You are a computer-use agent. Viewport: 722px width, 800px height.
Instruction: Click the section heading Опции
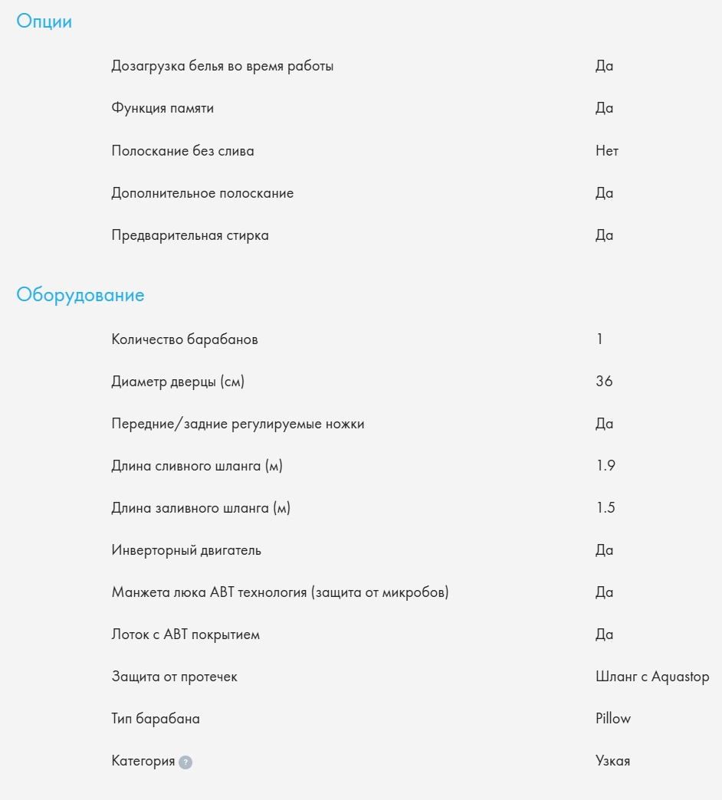(44, 21)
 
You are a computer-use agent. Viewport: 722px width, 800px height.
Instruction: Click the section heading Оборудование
(80, 295)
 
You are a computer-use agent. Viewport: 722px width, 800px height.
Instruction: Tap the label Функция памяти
(162, 108)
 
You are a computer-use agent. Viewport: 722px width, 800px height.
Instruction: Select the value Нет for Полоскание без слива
(607, 151)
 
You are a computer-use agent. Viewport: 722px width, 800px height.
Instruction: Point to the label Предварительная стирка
(190, 235)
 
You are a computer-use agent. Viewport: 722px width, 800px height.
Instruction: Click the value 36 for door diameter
(604, 381)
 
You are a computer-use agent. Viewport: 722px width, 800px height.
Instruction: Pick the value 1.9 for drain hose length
(605, 466)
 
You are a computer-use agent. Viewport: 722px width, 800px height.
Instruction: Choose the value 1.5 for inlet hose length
(605, 508)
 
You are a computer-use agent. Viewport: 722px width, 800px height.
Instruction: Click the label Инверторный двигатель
(186, 550)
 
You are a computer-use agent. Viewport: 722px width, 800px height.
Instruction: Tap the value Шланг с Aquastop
(652, 677)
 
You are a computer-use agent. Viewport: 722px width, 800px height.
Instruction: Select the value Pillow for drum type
(613, 719)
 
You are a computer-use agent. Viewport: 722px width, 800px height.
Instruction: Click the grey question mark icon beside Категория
(185, 762)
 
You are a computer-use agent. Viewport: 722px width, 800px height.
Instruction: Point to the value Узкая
(613, 761)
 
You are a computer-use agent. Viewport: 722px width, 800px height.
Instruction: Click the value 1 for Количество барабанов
(599, 339)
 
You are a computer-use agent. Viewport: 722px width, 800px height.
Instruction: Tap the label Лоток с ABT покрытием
(185, 634)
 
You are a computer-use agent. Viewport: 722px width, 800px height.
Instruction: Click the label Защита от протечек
(175, 677)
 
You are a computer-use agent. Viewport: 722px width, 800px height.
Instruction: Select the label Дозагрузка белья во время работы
(222, 66)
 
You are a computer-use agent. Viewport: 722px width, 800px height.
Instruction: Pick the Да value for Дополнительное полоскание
(605, 193)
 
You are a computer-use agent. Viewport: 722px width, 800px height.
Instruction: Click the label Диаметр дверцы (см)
(178, 381)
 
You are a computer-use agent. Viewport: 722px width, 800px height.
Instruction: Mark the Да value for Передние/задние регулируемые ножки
(605, 424)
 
